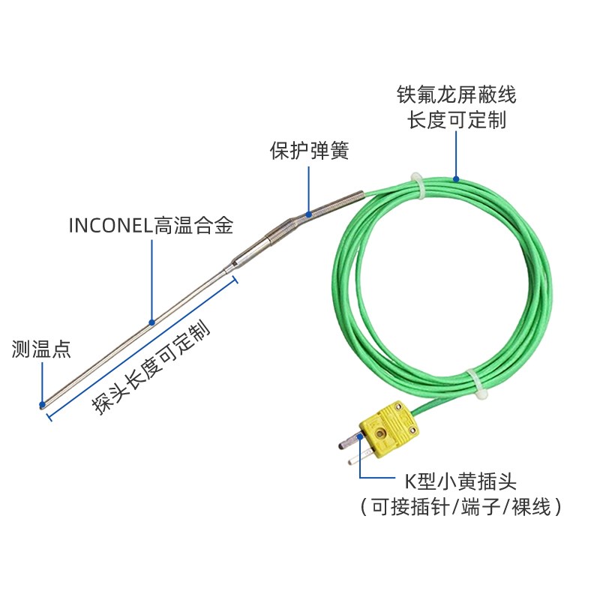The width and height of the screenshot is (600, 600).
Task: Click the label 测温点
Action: click(41, 348)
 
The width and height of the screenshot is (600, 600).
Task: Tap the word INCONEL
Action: click(111, 224)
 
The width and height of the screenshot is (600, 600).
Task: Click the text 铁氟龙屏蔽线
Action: click(456, 95)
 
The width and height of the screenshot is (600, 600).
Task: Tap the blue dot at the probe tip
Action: click(42, 406)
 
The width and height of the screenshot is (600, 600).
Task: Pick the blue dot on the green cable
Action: click(455, 178)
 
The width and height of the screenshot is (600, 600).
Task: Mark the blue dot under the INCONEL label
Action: click(152, 322)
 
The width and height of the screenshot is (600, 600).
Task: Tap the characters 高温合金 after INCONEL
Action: click(194, 224)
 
